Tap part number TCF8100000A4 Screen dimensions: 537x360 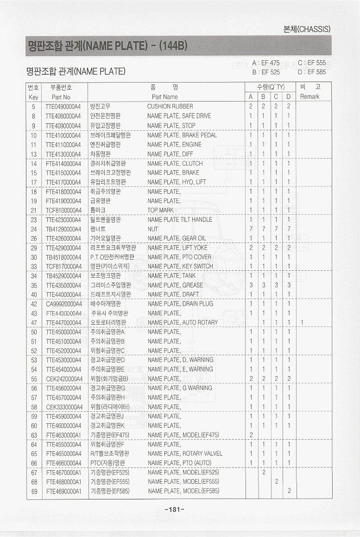63,210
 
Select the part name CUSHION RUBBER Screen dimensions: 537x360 170,107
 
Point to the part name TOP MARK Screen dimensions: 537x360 160,210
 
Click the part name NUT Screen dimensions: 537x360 152,229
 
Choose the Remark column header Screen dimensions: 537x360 309,97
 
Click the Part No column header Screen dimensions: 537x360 61,97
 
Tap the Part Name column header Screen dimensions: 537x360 164,97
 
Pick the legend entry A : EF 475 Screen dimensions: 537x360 266,63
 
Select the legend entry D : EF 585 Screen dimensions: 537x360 312,72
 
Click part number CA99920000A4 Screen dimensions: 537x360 63,304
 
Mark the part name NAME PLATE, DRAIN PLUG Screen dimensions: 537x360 180,304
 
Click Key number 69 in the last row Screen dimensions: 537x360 34,491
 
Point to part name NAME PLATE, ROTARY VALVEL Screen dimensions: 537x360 185,454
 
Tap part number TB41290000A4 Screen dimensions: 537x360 63,229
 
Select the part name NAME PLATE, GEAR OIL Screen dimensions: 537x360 177,238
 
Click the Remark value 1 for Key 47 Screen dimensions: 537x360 302,322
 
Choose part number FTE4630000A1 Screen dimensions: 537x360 63,435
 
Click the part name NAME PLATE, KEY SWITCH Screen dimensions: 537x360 180,266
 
